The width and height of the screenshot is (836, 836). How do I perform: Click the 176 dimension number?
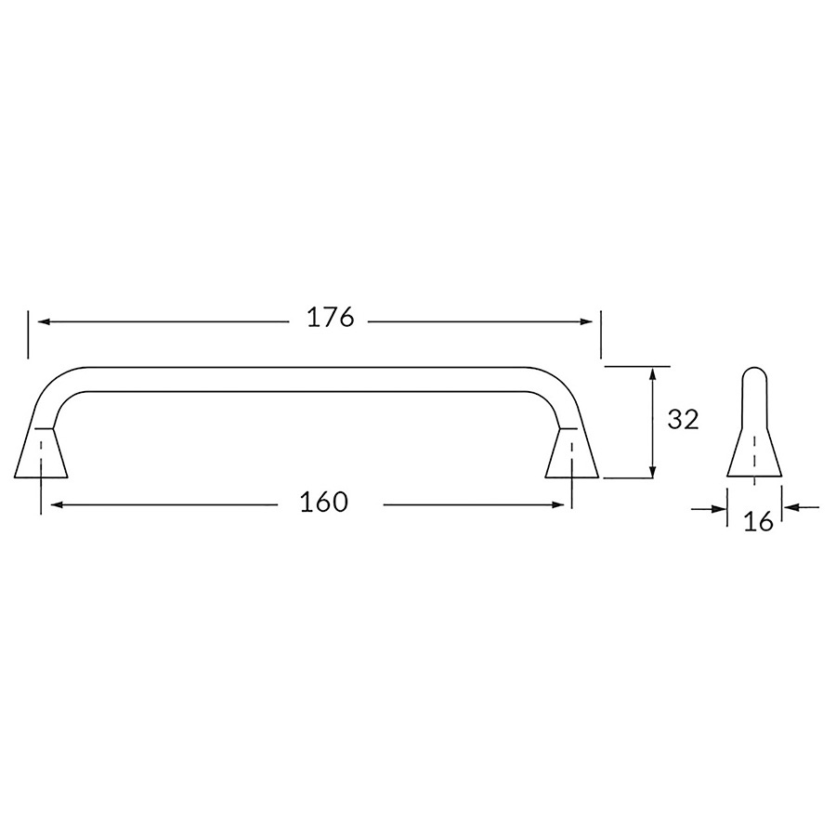[x=330, y=319]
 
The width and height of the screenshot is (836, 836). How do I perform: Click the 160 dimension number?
[x=324, y=502]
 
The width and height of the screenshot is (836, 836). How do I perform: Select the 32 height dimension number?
[x=683, y=420]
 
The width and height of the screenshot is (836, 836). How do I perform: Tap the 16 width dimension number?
[x=758, y=521]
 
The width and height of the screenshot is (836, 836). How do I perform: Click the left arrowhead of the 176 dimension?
[x=43, y=321]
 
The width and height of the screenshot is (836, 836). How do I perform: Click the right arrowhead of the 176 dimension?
[x=585, y=321]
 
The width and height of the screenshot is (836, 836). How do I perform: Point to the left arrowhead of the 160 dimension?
[x=56, y=504]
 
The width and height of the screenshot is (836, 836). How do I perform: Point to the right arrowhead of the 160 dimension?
[x=557, y=504]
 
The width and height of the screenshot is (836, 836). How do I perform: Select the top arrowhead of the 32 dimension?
[x=652, y=375]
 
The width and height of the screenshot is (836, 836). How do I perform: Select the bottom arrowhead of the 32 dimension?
[x=652, y=471]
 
